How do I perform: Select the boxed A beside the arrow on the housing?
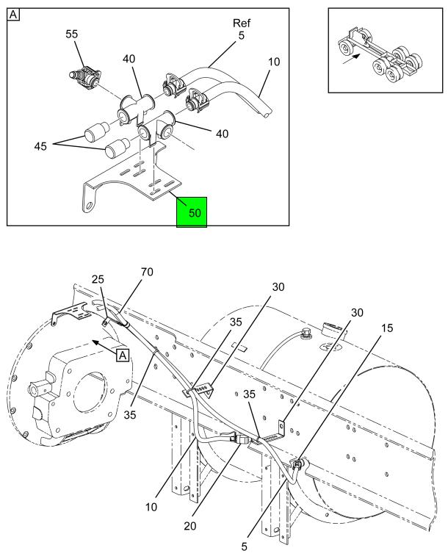(123, 355)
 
